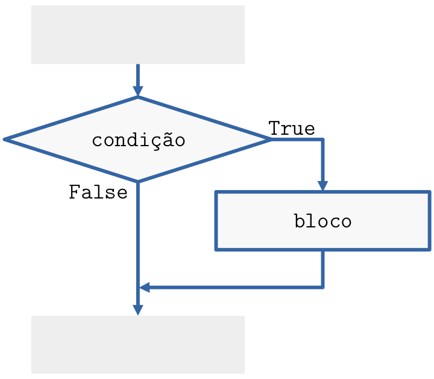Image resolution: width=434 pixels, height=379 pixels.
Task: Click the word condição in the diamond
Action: [138, 140]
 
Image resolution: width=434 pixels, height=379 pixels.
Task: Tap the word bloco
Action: [322, 221]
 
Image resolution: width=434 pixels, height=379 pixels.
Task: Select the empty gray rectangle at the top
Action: [138, 34]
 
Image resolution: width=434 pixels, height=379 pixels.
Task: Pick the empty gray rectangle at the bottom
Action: [138, 345]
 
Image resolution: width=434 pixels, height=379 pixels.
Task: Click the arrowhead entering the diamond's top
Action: [138, 91]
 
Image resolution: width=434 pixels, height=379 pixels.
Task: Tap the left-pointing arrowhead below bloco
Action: [145, 287]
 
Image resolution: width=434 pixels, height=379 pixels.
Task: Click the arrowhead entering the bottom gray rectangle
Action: [138, 309]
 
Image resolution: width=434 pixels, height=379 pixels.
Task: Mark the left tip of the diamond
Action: [5, 139]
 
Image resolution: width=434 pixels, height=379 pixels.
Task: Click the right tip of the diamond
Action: [271, 139]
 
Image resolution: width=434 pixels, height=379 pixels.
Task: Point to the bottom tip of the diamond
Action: [138, 180]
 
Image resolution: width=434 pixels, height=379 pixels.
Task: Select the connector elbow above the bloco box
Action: [322, 139]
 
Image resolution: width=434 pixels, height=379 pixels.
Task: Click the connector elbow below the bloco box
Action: [322, 287]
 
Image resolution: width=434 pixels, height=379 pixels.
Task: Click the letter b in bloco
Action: [300, 221]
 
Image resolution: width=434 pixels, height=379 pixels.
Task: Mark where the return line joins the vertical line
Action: [138, 287]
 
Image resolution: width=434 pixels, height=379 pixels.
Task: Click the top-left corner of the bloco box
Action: [216, 192]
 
